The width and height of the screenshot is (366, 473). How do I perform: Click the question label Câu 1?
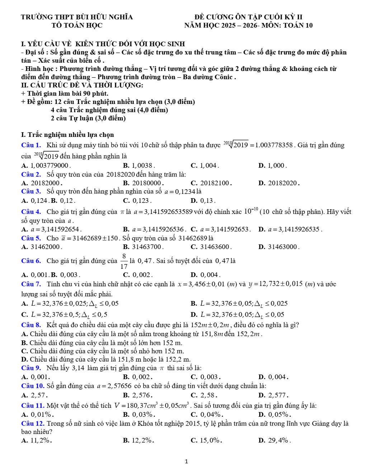[x=31, y=145]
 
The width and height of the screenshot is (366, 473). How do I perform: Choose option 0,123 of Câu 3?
[x=137, y=201]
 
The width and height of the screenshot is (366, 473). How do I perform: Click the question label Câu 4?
[x=31, y=212]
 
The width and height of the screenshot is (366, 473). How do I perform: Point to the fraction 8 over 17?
[x=124, y=261]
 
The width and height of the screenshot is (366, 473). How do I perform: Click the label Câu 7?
[x=31, y=284]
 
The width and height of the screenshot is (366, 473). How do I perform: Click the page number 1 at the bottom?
[x=186, y=462]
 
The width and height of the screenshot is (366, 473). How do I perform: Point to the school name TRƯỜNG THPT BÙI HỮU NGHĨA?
[x=77, y=17]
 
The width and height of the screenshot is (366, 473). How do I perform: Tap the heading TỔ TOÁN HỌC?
[x=77, y=25]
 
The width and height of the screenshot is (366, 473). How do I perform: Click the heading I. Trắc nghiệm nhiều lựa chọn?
[x=67, y=135]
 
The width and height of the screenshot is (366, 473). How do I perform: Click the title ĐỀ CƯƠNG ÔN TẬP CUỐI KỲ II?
[x=248, y=17]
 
